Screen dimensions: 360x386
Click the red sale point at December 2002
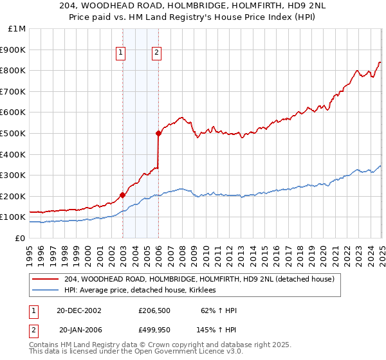tap(122, 195)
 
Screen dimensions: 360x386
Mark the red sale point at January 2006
tap(158, 133)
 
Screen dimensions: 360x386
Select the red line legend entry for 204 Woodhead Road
tap(199, 279)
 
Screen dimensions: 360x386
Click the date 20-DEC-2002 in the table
tap(79, 310)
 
